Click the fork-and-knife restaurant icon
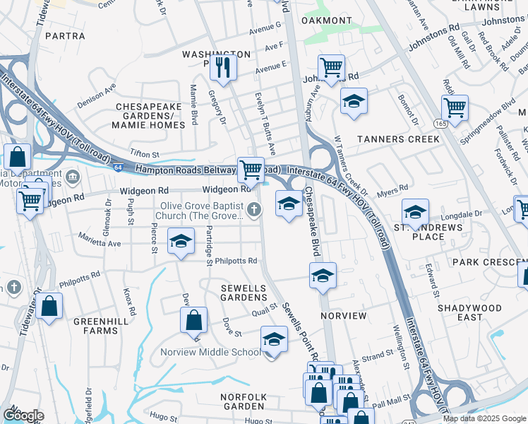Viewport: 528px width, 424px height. click(224, 67)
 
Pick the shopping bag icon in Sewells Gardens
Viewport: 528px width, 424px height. click(193, 320)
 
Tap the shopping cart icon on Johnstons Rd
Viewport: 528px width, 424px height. click(331, 68)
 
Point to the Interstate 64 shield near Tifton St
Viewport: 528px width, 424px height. click(116, 167)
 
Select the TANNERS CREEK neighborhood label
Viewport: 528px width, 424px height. click(398, 139)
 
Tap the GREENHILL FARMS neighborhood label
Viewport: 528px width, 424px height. click(80, 325)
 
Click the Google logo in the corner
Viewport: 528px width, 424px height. click(23, 415)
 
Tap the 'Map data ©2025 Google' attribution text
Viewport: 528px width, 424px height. click(484, 418)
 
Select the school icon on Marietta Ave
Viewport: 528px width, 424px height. click(181, 242)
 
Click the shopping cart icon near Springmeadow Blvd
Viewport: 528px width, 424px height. click(455, 108)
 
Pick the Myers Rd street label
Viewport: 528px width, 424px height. click(394, 189)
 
